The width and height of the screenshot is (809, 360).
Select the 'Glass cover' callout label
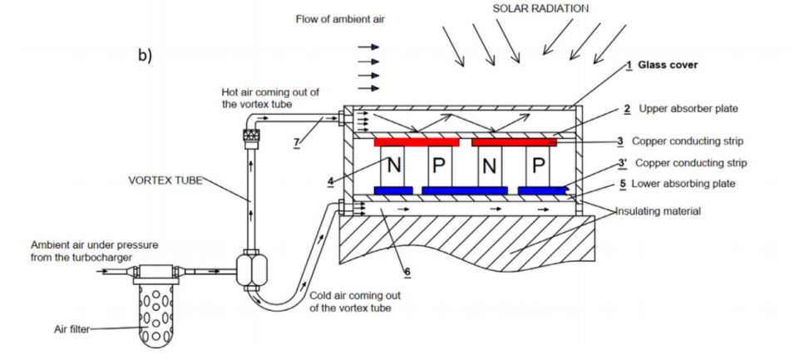coord(668,65)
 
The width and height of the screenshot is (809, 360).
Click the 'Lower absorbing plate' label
coord(683,184)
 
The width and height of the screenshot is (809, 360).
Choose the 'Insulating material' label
coord(660,211)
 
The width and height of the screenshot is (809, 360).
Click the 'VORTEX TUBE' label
coord(165,180)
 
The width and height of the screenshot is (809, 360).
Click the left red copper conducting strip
coord(416,142)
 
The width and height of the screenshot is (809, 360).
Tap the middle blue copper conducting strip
coord(464,190)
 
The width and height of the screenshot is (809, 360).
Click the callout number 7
coord(296,143)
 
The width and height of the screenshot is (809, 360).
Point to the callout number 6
coord(407,271)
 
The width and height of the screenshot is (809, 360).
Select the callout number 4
coord(331,181)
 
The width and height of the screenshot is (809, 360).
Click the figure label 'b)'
coord(146,55)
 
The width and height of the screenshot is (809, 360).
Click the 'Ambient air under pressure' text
coord(94,245)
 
